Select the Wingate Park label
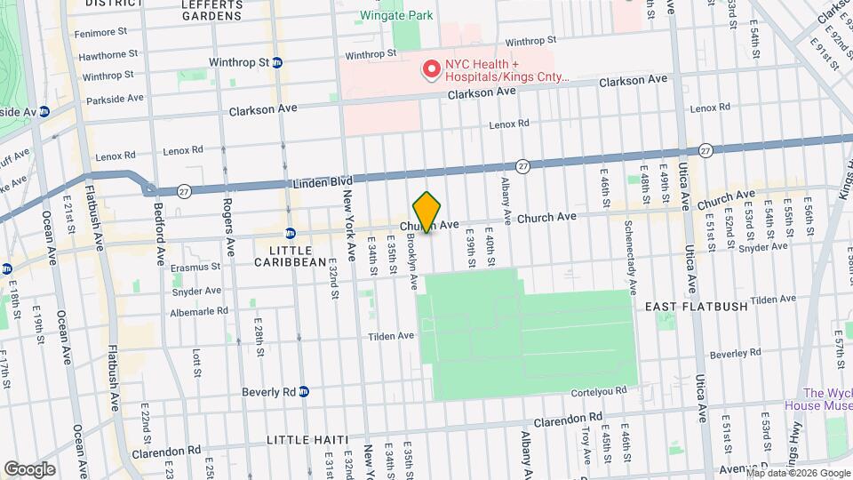point(395,16)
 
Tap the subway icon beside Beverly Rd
point(303,391)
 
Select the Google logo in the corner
point(28,468)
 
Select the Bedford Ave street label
point(160,240)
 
